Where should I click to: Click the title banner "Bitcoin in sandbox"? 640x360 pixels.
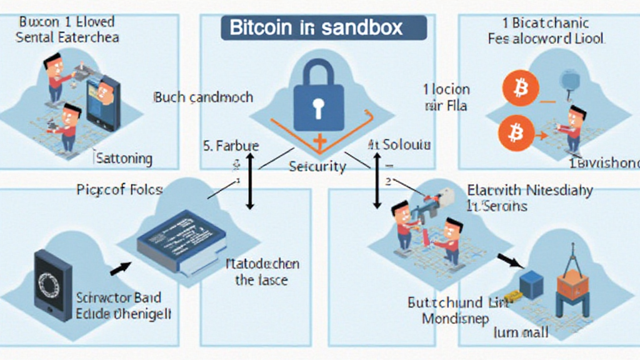click(x=324, y=28)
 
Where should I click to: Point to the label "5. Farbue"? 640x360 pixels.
click(x=231, y=147)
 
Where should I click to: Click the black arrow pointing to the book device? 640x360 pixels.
click(x=121, y=269)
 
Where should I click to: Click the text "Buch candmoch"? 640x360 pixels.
click(x=203, y=97)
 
